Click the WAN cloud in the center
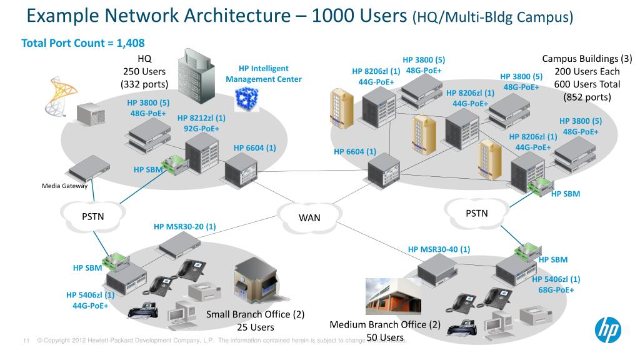[309, 216]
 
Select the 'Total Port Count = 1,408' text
[83, 43]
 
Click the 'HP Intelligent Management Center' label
[263, 74]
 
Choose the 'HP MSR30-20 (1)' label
[184, 226]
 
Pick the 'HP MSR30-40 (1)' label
[439, 249]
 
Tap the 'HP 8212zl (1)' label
[201, 117]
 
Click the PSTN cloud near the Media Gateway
[92, 216]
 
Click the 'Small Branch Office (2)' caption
[256, 314]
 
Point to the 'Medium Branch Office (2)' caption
[385, 324]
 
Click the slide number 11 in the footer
[26, 341]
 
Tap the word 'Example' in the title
[63, 15]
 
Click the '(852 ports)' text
[587, 97]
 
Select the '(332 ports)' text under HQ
[144, 84]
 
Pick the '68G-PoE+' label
[556, 290]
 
